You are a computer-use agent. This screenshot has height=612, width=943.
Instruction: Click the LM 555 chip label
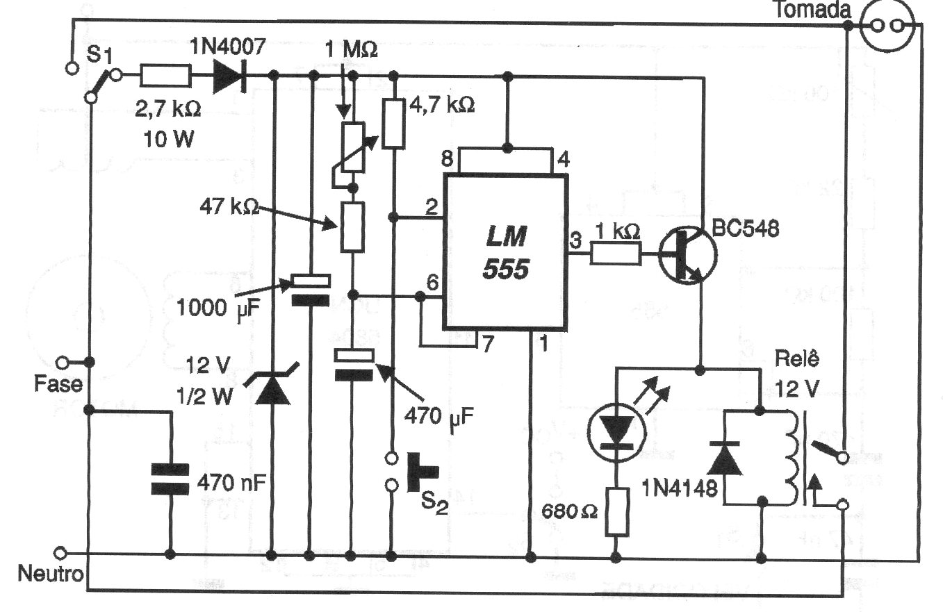(505, 254)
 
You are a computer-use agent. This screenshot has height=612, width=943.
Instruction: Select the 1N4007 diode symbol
(230, 74)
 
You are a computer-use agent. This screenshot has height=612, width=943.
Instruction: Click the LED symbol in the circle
(616, 431)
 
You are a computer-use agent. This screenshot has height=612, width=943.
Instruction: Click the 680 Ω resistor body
(616, 511)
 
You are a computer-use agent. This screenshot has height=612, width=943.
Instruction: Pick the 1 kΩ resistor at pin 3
(616, 255)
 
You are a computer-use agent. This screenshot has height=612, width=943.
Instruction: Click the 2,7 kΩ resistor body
(165, 74)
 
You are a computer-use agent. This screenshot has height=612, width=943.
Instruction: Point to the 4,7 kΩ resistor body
(394, 123)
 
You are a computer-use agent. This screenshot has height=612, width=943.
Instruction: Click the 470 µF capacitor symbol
(354, 364)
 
